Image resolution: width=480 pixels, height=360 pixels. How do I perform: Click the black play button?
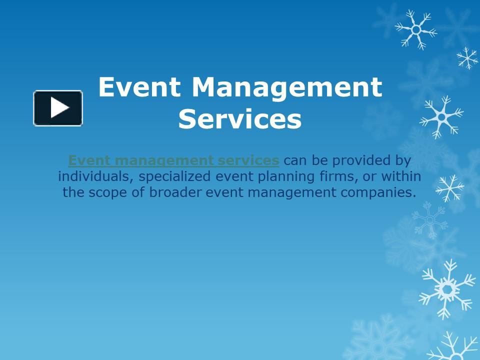click(x=58, y=108)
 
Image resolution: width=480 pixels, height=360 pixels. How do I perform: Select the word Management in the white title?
click(x=287, y=87)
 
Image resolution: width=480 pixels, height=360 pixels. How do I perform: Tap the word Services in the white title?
click(x=240, y=119)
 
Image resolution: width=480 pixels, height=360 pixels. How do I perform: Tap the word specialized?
click(x=175, y=177)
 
